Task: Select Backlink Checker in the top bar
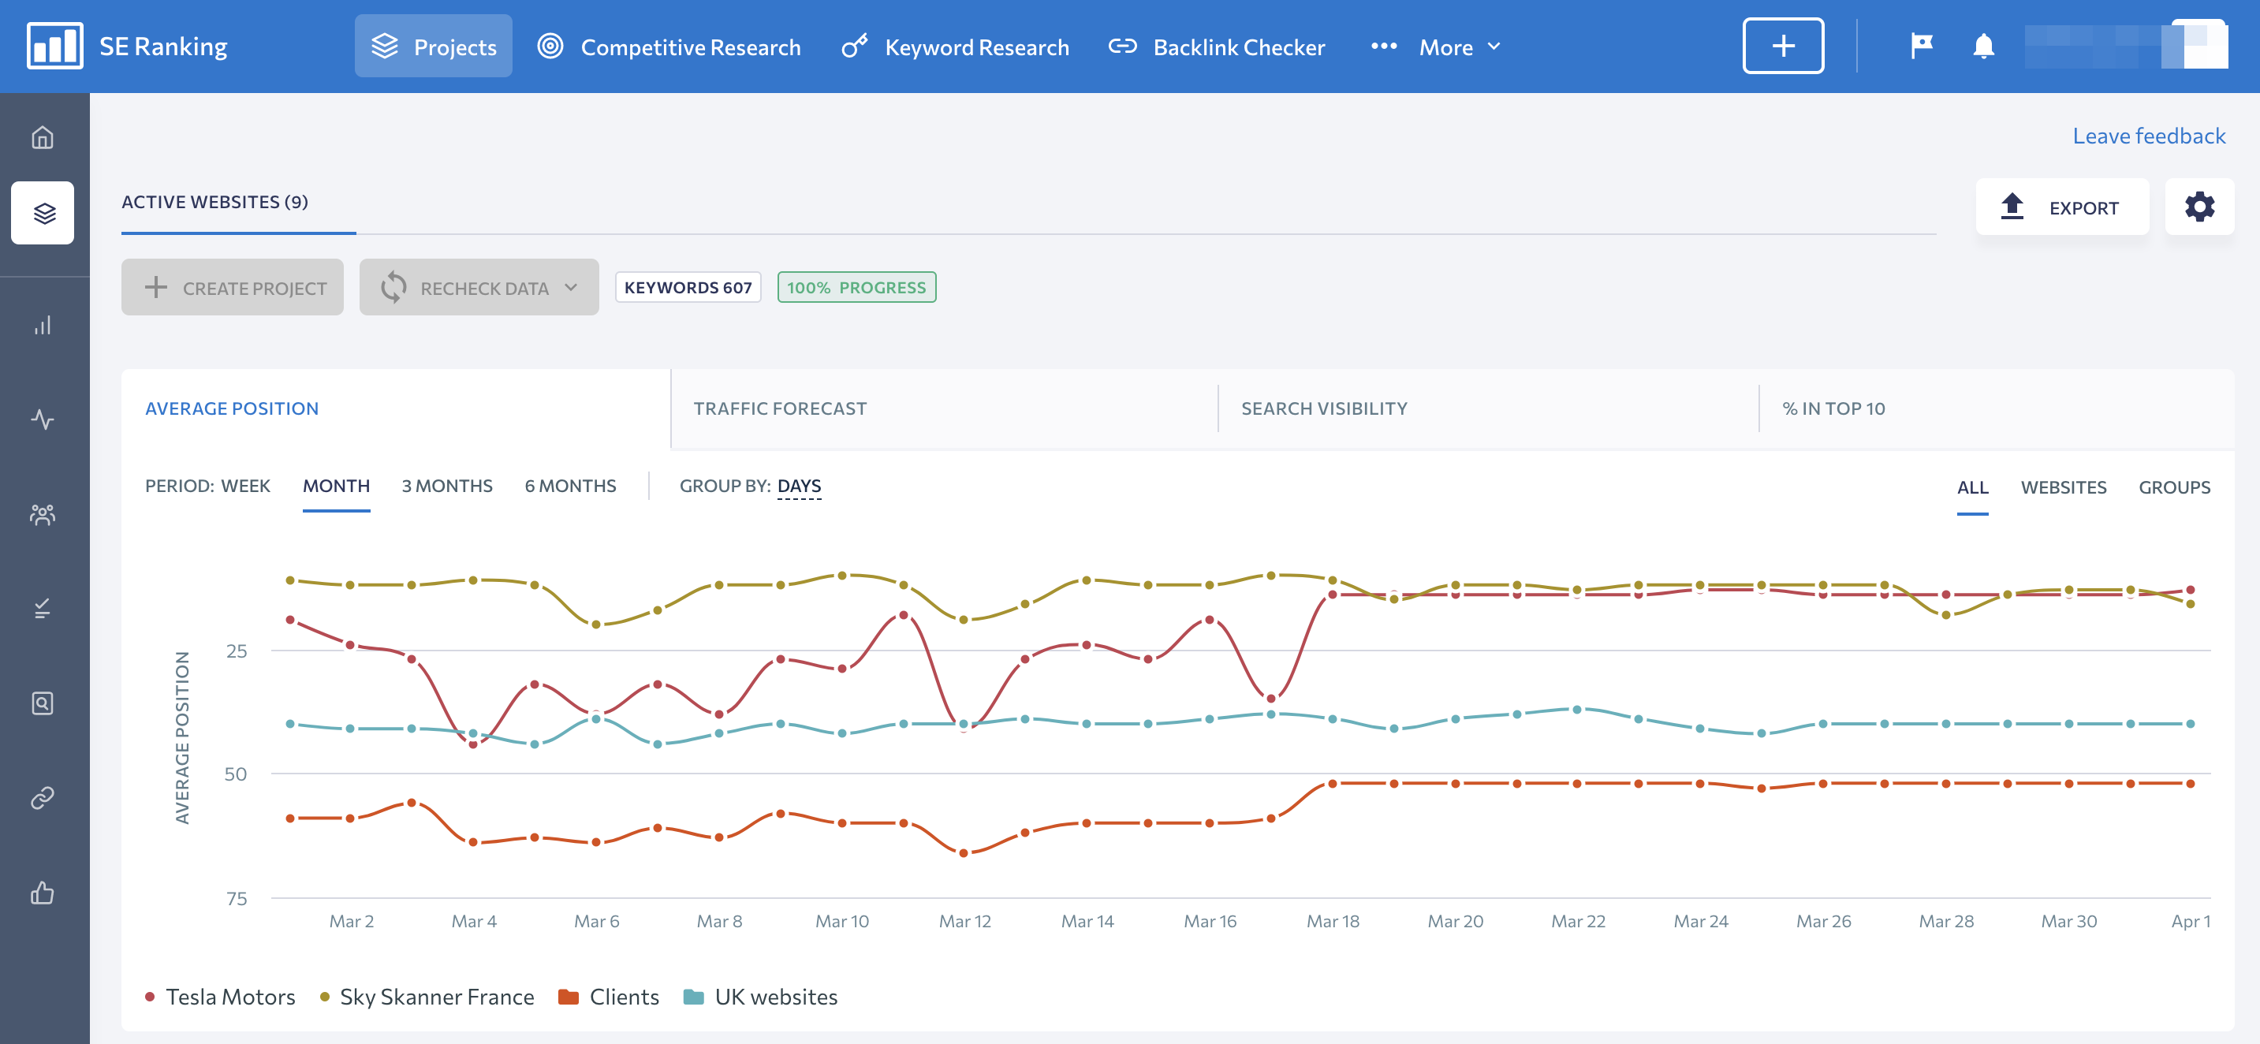(x=1217, y=47)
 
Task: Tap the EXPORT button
(x=2062, y=207)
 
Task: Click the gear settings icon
(x=2198, y=207)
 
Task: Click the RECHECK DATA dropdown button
(x=479, y=287)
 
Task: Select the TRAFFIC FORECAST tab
(x=780, y=408)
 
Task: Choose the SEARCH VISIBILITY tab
(x=1324, y=408)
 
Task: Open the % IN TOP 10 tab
(x=1833, y=408)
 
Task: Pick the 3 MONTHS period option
(x=446, y=485)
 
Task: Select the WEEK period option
(x=246, y=485)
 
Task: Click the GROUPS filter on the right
(x=2174, y=487)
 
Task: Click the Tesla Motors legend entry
(x=220, y=997)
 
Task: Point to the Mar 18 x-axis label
(x=1333, y=921)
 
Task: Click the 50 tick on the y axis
(x=235, y=774)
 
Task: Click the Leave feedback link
(x=2149, y=136)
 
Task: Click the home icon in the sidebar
(x=42, y=137)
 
